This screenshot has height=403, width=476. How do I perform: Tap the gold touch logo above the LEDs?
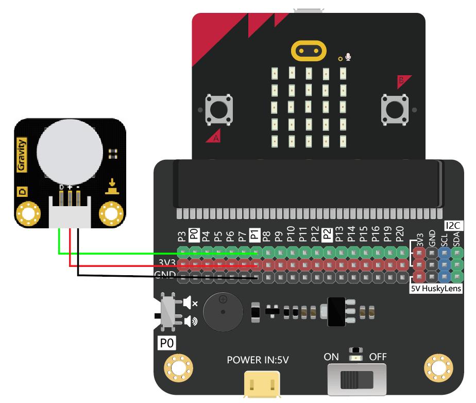click(x=309, y=52)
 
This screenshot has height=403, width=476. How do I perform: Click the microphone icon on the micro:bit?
click(x=349, y=56)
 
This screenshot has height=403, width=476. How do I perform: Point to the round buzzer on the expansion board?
click(x=223, y=312)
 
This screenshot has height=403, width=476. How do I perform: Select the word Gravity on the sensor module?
click(x=22, y=155)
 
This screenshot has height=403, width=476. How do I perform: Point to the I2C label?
click(x=452, y=225)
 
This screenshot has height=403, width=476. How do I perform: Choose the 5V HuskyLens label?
click(x=436, y=289)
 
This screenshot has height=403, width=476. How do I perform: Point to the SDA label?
click(x=456, y=239)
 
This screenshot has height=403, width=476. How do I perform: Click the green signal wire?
click(x=155, y=253)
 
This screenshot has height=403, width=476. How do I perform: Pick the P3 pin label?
click(x=181, y=237)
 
